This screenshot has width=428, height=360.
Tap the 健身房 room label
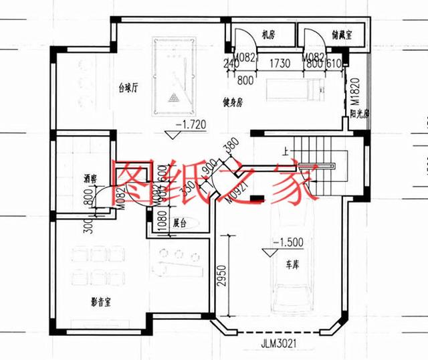click(235, 102)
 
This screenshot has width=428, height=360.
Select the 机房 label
click(268, 35)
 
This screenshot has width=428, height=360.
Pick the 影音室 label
click(101, 301)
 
